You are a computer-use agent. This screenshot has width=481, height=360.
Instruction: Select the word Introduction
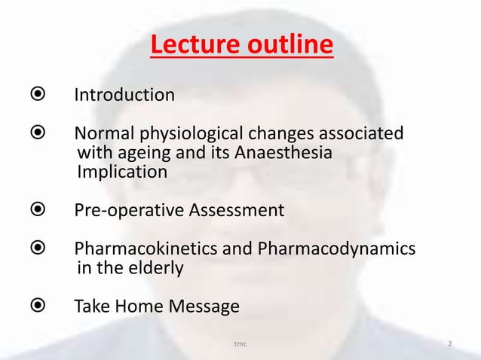click(124, 95)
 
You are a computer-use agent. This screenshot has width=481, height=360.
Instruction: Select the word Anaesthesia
click(283, 154)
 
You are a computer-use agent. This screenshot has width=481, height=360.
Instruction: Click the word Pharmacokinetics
click(146, 249)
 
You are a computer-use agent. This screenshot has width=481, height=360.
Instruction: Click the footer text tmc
click(240, 345)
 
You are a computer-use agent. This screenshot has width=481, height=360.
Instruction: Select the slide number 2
click(449, 345)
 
